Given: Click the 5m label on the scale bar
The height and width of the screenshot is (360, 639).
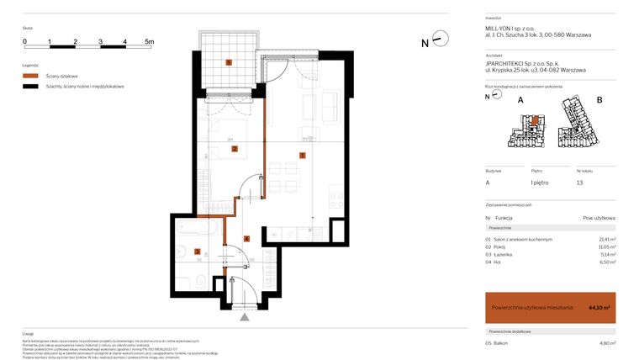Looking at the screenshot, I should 150,40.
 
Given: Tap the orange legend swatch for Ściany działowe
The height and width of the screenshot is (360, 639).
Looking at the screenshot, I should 30,76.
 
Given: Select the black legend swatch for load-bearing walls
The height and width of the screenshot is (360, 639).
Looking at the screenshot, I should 30,87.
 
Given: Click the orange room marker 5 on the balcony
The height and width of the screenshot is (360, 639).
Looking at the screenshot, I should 229,62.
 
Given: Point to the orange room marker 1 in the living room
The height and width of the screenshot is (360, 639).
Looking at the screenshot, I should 302,155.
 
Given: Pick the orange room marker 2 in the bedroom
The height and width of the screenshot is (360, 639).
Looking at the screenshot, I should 235,150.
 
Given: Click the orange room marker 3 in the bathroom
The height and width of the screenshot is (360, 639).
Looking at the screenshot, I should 198,251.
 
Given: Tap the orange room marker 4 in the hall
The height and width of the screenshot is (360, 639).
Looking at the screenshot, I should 246,239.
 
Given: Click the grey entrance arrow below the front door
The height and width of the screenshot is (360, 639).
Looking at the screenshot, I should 245,318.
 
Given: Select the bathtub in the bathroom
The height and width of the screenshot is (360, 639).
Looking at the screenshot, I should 199,227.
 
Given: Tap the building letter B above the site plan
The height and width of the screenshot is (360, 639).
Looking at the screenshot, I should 599,101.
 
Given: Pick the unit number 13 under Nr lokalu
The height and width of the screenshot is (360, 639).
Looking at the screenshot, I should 578,183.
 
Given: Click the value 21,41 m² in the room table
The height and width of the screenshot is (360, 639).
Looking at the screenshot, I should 606,240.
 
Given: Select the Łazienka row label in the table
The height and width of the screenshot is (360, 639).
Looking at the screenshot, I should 504,254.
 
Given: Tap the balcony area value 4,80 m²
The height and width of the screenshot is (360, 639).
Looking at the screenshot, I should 606,343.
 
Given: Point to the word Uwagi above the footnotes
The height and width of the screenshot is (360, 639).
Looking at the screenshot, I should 28,334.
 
